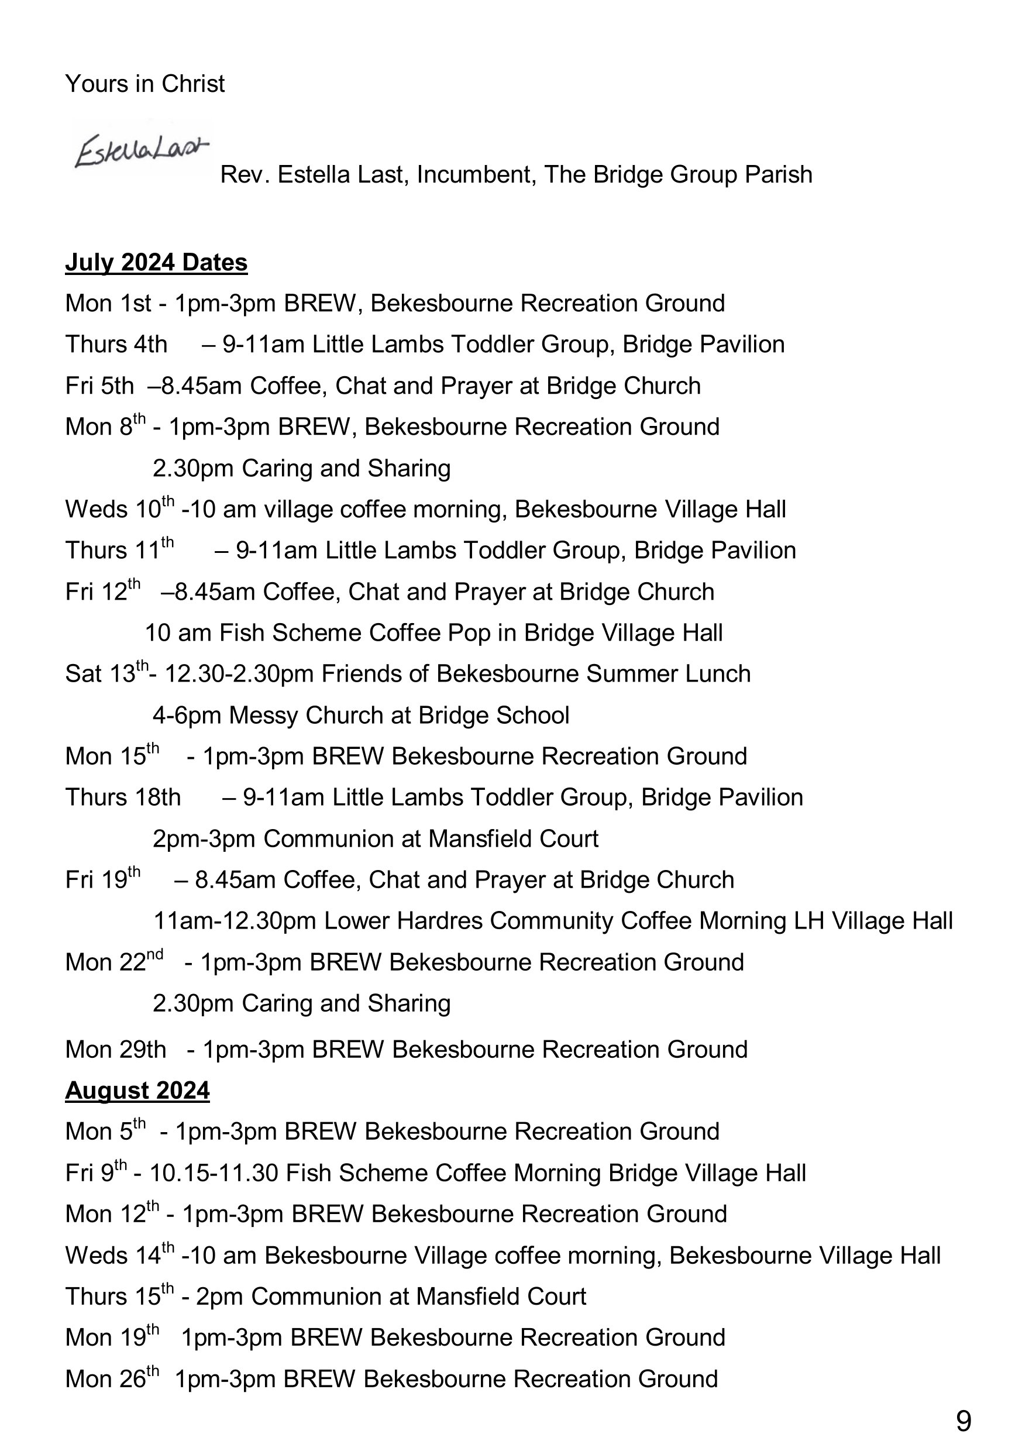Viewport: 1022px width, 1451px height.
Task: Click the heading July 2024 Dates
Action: tap(156, 262)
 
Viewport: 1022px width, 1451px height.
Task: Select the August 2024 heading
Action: tap(137, 1091)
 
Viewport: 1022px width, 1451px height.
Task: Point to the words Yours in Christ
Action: tap(144, 84)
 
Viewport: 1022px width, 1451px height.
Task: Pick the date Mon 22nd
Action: tap(113, 962)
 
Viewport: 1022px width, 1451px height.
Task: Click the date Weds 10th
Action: tap(119, 509)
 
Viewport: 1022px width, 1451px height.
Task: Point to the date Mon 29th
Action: tap(115, 1050)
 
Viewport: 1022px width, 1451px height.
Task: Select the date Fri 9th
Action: tap(95, 1173)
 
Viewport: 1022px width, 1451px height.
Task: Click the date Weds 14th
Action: tap(119, 1255)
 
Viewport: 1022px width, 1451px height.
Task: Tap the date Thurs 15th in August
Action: tap(119, 1296)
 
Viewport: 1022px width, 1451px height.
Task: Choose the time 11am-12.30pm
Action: tap(235, 921)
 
